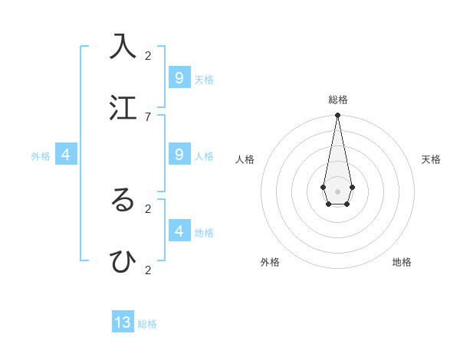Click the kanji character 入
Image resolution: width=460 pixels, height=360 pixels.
(x=123, y=46)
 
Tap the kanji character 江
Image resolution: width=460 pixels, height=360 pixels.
(x=123, y=107)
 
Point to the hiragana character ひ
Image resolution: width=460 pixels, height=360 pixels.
(x=123, y=261)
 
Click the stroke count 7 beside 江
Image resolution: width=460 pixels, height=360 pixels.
(x=148, y=116)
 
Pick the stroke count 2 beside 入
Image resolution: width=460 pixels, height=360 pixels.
(x=148, y=55)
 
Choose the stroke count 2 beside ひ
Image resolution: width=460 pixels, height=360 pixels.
(x=148, y=270)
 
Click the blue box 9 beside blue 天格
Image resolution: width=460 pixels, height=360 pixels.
(x=179, y=78)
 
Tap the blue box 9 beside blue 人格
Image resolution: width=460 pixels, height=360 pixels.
(x=179, y=155)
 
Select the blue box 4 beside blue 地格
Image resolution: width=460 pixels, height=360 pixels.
(x=179, y=231)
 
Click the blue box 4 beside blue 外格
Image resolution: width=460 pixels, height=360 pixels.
(x=66, y=155)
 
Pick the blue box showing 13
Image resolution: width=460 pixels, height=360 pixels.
(x=123, y=322)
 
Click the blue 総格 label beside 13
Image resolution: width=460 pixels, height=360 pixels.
(x=147, y=324)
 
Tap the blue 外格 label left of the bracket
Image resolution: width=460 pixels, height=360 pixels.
(x=41, y=156)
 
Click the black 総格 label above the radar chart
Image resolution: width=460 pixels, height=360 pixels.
(x=338, y=100)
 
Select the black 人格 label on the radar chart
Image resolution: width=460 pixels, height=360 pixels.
(x=245, y=159)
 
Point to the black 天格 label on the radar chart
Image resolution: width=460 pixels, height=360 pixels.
(x=431, y=159)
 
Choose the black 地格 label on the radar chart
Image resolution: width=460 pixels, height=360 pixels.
(x=402, y=262)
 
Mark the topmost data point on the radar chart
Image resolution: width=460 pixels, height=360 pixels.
(x=337, y=115)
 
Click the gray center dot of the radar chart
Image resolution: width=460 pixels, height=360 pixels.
(x=337, y=191)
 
